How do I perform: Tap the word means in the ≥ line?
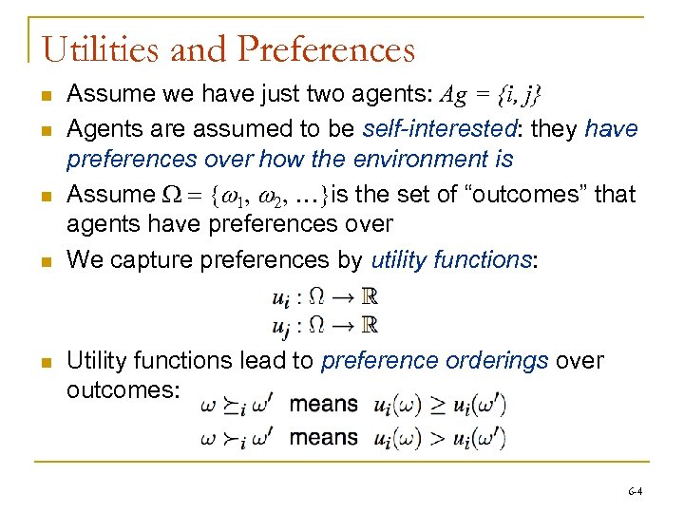click(x=324, y=404)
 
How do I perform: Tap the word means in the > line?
click(x=324, y=437)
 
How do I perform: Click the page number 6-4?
click(x=635, y=492)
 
